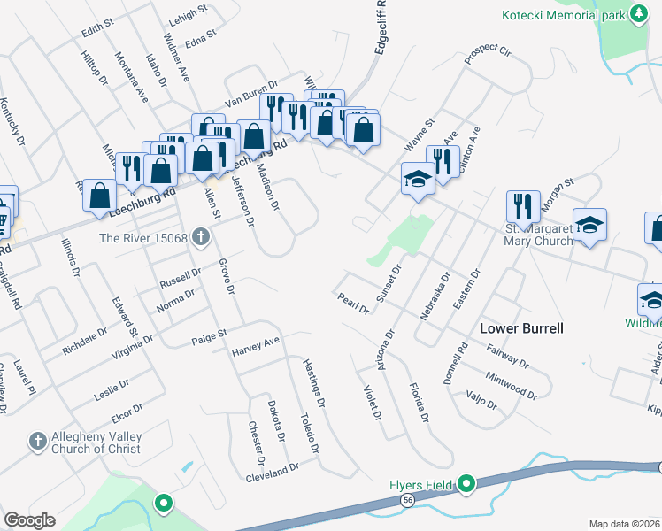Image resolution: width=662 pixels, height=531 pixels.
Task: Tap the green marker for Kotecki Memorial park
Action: [637, 14]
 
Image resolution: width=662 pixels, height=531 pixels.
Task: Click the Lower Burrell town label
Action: [521, 328]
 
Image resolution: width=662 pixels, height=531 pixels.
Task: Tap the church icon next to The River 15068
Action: [202, 237]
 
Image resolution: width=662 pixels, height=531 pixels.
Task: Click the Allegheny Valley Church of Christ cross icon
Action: [37, 440]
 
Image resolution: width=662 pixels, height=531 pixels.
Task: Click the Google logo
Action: [29, 519]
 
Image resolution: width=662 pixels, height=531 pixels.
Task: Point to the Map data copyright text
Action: [624, 524]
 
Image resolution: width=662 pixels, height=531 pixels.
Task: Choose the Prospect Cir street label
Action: [488, 50]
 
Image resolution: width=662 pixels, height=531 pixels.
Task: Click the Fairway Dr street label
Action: [508, 357]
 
